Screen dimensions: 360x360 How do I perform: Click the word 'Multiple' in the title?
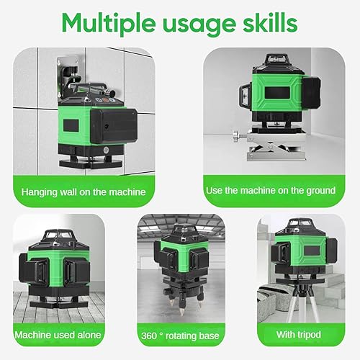(x=109, y=24)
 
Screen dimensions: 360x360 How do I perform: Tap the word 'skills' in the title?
(x=270, y=22)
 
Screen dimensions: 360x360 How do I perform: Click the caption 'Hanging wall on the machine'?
(x=84, y=192)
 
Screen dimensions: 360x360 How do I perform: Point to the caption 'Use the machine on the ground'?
(x=271, y=191)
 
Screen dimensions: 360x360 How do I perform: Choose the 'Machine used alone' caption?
(x=58, y=335)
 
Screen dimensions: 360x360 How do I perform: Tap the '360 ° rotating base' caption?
(x=180, y=336)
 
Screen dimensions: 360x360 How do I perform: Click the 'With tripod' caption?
(x=299, y=334)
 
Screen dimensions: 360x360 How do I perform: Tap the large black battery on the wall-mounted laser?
(x=114, y=125)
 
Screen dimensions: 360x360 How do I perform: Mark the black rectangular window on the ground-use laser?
(x=277, y=93)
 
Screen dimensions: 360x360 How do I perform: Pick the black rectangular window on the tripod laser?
(x=312, y=251)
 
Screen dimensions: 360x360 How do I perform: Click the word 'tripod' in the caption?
(x=309, y=335)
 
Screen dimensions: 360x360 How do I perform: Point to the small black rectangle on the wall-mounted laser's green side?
(x=71, y=125)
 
